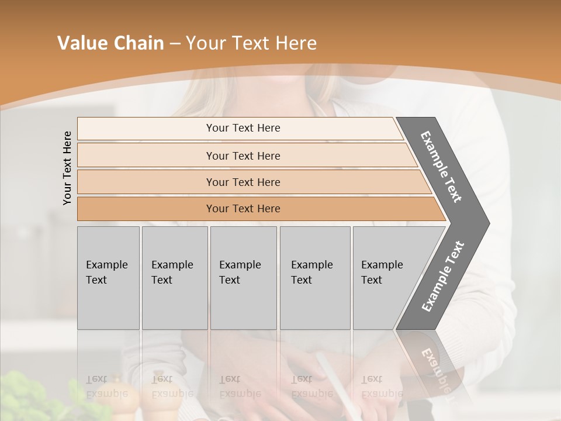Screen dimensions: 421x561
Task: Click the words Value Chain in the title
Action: [x=110, y=43]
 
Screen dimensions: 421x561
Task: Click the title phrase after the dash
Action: [x=251, y=43]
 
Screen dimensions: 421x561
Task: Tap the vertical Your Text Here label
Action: [x=68, y=168]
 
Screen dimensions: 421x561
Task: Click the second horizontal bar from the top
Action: [x=243, y=156]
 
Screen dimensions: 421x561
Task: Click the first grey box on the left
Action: [x=108, y=278]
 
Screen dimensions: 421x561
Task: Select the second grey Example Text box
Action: [x=174, y=278]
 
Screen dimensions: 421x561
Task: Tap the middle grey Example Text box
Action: [x=243, y=278]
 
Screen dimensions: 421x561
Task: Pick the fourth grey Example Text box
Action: [x=314, y=278]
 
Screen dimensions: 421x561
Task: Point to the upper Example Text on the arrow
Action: [x=442, y=167]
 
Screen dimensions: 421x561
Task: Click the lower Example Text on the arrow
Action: [x=443, y=276]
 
